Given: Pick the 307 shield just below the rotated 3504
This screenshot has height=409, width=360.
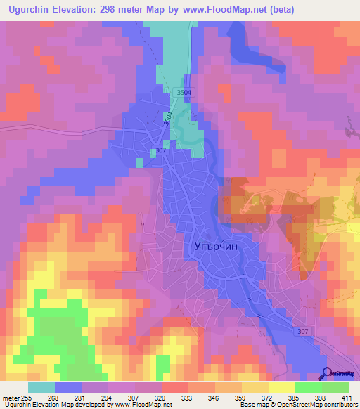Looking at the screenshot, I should pos(160,150).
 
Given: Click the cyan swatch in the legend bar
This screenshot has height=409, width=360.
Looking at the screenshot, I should pos(41,387).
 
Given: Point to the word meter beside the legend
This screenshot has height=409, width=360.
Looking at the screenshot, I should pos(10,398).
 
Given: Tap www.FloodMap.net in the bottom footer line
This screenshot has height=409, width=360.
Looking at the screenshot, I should pos(141,405).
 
